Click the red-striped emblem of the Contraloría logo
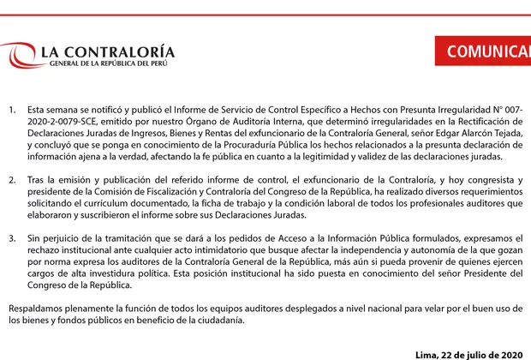coord(16,57)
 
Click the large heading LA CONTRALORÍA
coord(108,53)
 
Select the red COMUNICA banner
coord(488,51)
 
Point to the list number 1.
coord(12,111)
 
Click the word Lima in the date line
coord(426,354)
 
